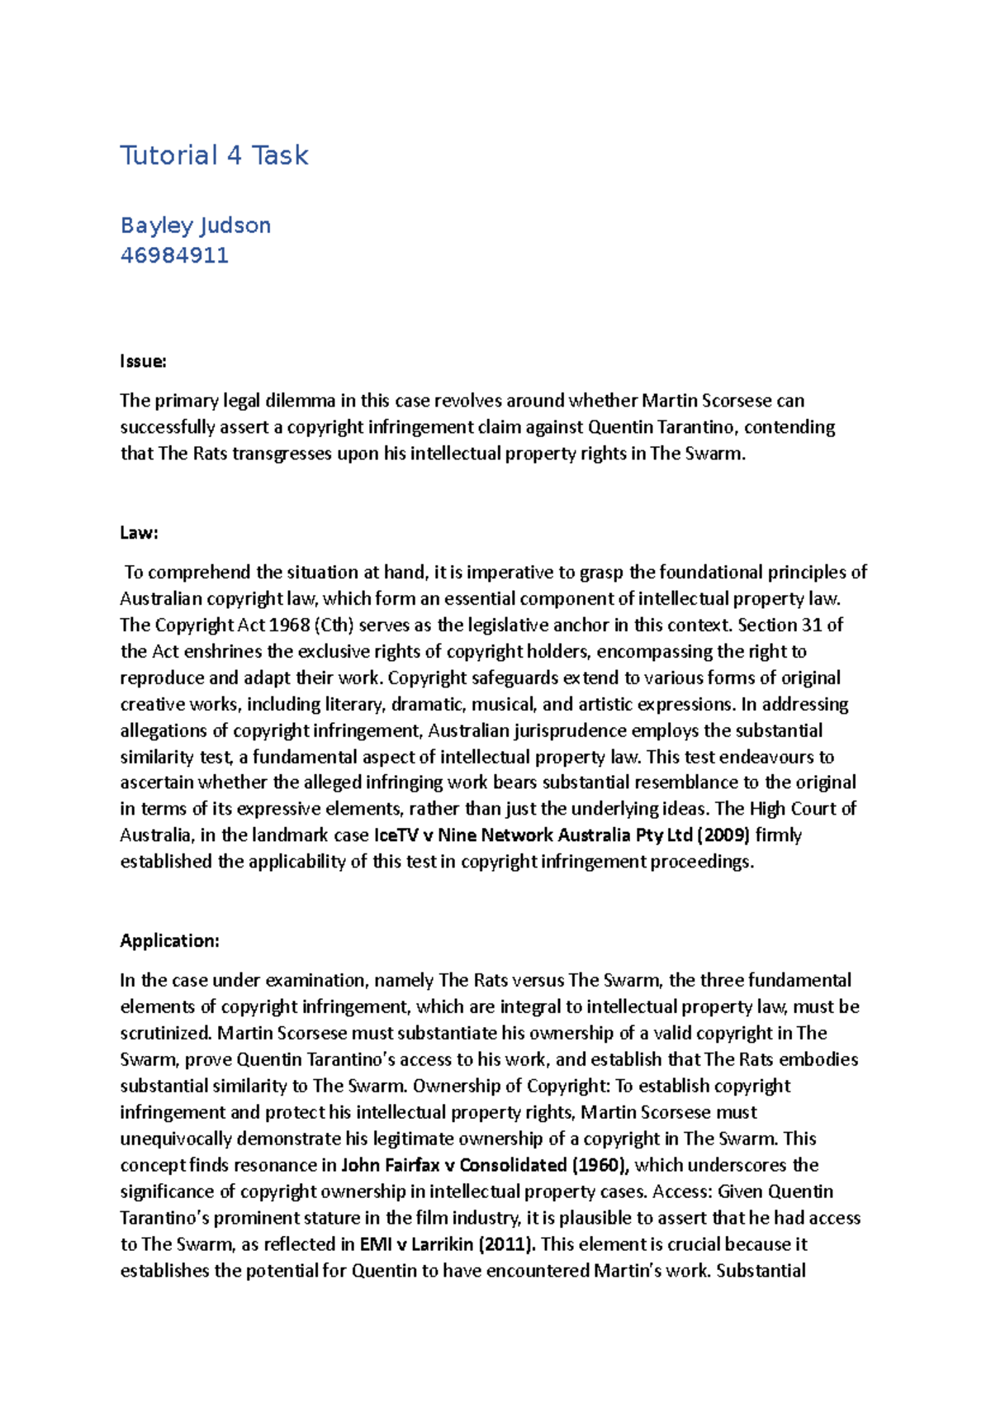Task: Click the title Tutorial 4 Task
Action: [x=214, y=155]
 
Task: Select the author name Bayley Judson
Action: [x=195, y=226]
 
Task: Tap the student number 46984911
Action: [x=174, y=255]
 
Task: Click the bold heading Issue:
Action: [x=143, y=361]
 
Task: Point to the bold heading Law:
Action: [x=139, y=533]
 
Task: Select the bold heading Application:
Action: [x=169, y=941]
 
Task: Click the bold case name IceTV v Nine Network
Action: [x=464, y=835]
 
